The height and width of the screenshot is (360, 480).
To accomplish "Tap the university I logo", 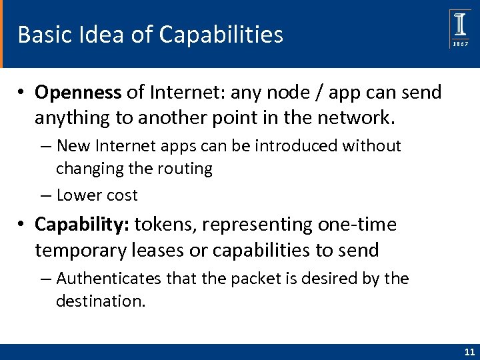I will coord(460,25).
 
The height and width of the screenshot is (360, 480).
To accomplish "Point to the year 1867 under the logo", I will coord(460,43).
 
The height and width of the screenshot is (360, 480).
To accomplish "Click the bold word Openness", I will coord(78,93).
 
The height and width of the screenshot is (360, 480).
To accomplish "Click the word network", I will coord(353,119).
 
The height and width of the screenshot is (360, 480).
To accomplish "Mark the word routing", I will coord(185,169).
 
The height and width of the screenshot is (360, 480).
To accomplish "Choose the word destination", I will coord(100,301).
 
